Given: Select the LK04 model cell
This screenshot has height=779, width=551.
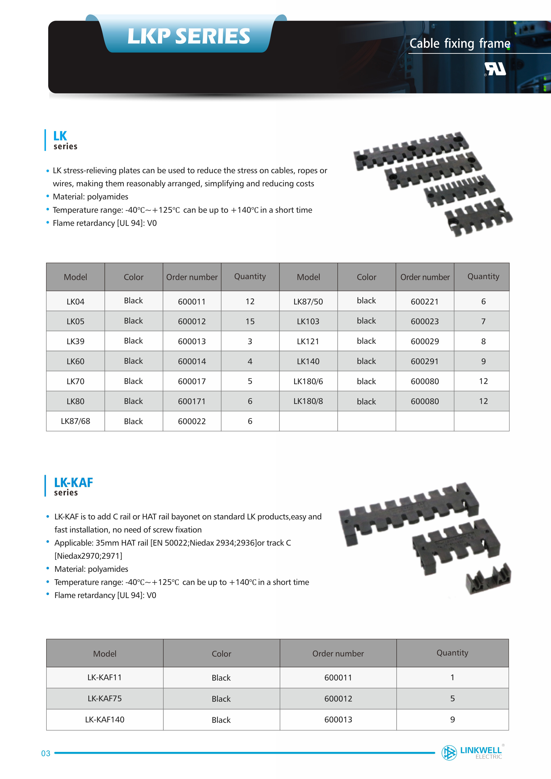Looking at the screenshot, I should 75,301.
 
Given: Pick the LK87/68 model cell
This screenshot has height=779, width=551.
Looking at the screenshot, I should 75,421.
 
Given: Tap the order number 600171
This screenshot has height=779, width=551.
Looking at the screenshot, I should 192,401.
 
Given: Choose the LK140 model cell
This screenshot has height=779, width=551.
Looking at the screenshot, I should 308,361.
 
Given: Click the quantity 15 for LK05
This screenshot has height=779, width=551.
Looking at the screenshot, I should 250,321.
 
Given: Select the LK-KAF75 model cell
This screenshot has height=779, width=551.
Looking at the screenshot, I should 105,698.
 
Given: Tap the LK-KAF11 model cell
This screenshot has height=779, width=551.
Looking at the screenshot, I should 105,677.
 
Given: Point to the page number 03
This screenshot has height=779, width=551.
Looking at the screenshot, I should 46,753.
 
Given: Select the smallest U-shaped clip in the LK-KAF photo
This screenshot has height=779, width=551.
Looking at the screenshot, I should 489,580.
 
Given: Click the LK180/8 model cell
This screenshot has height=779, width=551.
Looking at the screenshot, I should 308,401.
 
